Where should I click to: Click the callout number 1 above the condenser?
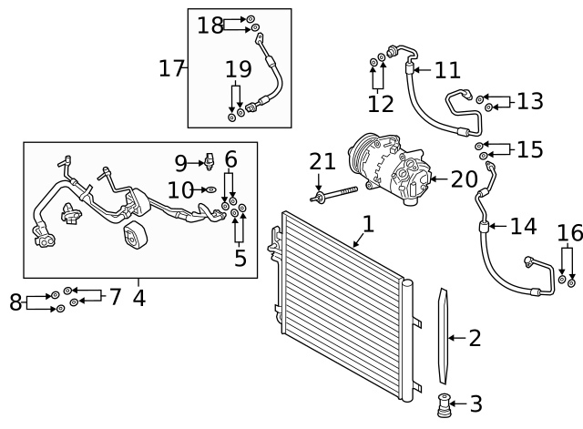[367, 223]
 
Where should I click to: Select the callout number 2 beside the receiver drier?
[474, 339]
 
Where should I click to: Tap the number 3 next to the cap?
[475, 403]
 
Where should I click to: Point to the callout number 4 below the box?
[138, 298]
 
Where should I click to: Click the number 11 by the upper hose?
[447, 71]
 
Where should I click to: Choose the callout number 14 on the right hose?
[523, 226]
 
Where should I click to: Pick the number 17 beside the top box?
[171, 68]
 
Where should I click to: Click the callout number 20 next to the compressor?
[464, 179]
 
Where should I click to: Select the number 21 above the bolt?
[322, 162]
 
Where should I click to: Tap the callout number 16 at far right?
[570, 234]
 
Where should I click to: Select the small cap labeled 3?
[446, 403]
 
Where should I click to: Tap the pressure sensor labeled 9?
[209, 161]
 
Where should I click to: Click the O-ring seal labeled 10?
[212, 190]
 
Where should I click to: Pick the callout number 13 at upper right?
[529, 101]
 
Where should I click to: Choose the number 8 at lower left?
[15, 302]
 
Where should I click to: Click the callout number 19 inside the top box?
[238, 69]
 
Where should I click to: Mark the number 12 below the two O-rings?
[381, 104]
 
